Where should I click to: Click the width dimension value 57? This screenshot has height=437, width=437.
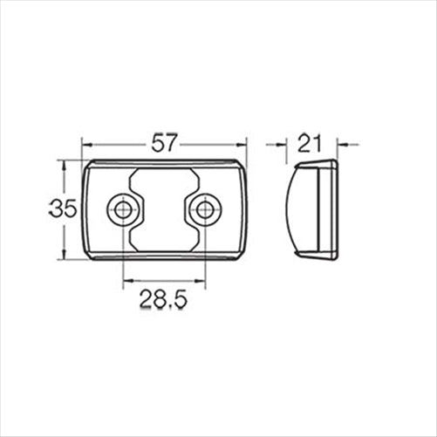tap(164, 142)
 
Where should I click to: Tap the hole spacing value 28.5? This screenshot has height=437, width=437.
tap(164, 301)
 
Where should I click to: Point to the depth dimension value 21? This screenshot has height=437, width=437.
tap(311, 142)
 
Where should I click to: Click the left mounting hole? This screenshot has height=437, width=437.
tap(122, 209)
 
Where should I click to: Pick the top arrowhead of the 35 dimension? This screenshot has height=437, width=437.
tap(63, 164)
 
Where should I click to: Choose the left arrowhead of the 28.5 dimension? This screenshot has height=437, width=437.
tap(126, 282)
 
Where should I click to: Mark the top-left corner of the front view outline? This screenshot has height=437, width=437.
tap(88, 163)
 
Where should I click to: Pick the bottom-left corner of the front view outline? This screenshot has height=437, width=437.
tap(88, 256)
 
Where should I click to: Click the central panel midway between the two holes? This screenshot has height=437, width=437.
tap(164, 209)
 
